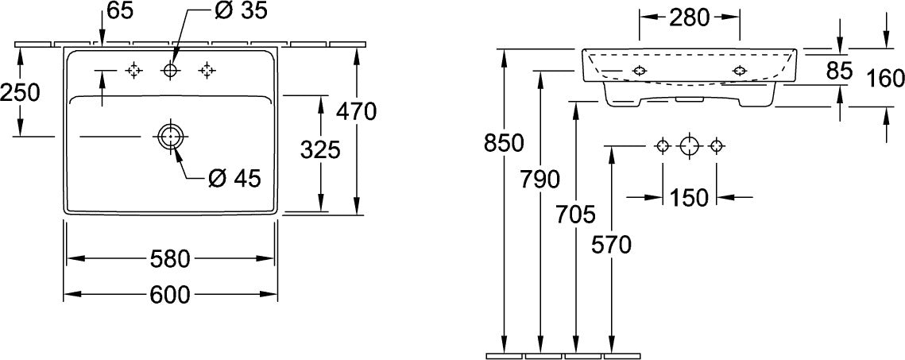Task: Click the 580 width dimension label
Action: (170, 259)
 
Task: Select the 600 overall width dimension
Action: (170, 295)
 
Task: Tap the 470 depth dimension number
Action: (357, 111)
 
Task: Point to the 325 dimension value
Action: (320, 150)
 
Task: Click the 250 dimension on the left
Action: (20, 92)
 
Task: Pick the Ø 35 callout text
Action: (240, 12)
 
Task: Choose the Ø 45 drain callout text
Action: (234, 178)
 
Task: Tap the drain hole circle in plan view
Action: (170, 137)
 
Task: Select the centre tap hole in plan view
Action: (171, 71)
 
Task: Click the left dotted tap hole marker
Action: (134, 71)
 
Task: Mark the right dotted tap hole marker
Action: (207, 71)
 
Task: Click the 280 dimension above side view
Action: (689, 18)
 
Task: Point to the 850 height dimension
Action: (504, 144)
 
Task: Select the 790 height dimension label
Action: (540, 180)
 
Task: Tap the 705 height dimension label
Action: (575, 215)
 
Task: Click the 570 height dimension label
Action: (611, 246)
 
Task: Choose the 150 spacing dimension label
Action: (689, 198)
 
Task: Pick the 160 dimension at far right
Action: (886, 78)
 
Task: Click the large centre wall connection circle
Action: (689, 146)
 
